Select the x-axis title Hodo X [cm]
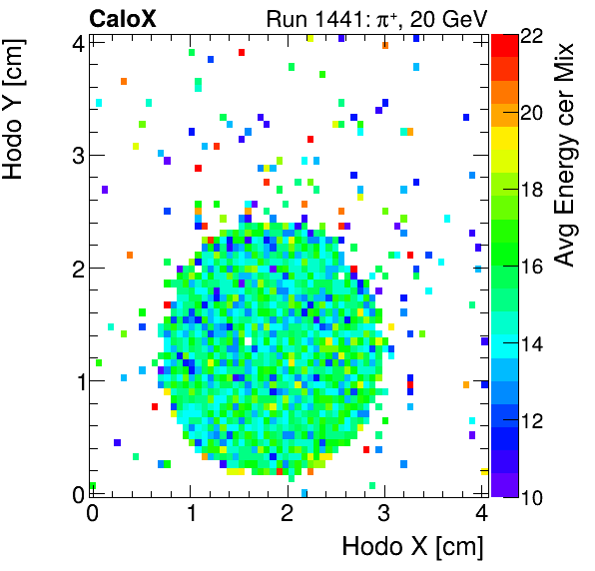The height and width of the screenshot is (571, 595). (x=412, y=547)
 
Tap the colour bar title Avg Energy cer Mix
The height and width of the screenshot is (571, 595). (x=568, y=155)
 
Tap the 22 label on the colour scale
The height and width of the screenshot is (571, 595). (x=533, y=36)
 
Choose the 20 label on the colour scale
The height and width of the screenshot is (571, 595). (x=533, y=113)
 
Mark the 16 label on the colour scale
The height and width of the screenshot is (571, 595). (x=533, y=267)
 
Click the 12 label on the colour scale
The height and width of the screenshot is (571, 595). (x=533, y=420)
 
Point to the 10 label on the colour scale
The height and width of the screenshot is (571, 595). (x=533, y=496)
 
